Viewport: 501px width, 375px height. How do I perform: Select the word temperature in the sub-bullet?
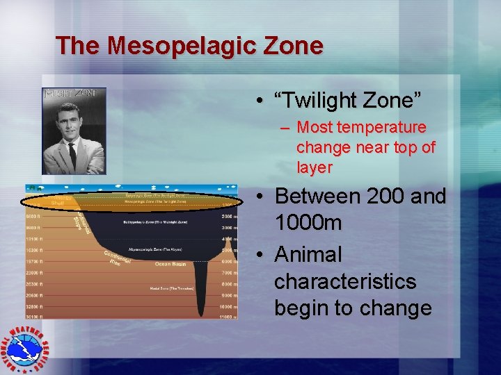click(x=382, y=128)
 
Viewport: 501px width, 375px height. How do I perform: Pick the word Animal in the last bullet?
click(x=308, y=254)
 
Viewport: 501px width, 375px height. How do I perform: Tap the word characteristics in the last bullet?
click(x=345, y=281)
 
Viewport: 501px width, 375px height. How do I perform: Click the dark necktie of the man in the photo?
click(x=72, y=153)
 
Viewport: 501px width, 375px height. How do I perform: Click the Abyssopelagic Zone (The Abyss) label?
click(x=156, y=248)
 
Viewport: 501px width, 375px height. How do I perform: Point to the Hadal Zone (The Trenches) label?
click(x=170, y=287)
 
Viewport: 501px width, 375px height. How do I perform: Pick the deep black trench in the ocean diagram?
click(x=202, y=292)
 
